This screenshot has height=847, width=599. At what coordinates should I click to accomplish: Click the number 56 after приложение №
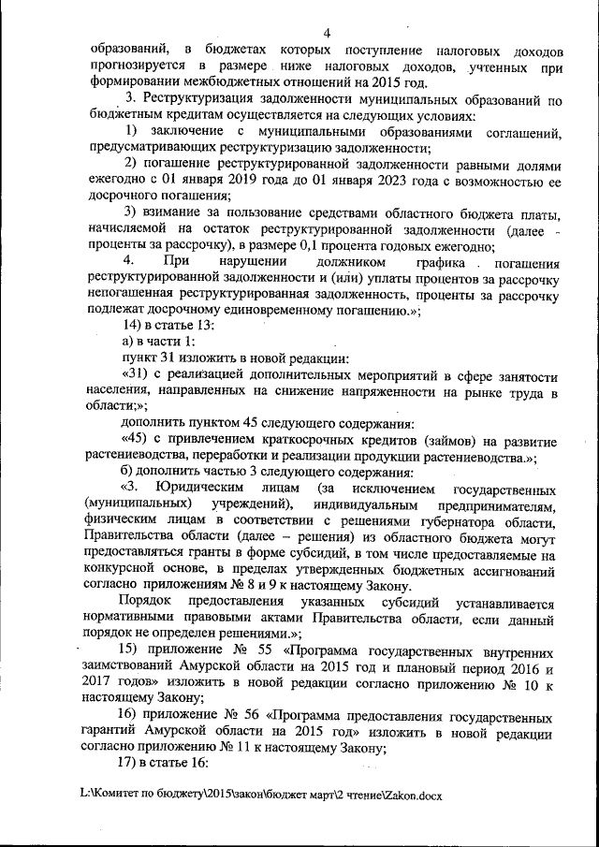coord(252,719)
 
